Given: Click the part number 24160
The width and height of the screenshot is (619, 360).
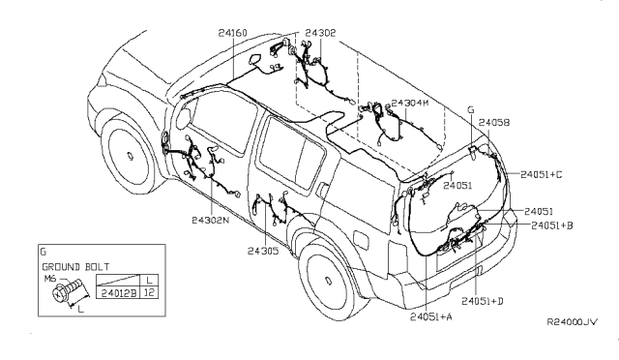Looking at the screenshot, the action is point(232,33).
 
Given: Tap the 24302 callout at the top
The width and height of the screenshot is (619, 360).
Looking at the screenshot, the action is point(320,33).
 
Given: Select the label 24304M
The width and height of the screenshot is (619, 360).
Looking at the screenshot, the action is point(409,104).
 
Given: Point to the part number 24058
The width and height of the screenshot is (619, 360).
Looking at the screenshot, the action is point(494,123).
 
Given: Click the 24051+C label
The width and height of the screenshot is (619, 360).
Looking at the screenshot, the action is point(542,174).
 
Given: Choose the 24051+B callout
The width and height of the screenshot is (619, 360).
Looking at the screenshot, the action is point(552,225).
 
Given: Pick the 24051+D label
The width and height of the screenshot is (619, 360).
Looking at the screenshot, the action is point(483,301).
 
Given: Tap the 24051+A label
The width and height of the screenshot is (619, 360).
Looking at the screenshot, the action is point(431,316).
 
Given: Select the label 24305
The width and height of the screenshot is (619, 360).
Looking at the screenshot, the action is point(263,251).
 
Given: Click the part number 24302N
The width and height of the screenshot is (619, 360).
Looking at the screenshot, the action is point(211,220).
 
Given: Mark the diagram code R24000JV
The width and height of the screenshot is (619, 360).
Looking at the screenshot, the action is point(572,322).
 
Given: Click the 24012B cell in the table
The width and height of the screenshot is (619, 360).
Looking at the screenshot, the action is point(118,293).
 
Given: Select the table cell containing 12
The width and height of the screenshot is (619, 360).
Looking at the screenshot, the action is point(150,293).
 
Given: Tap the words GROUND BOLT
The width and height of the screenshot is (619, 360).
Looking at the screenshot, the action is point(75,267).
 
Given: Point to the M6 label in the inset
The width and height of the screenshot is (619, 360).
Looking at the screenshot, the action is point(49,279).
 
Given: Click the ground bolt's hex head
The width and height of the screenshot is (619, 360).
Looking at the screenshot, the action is point(59,294).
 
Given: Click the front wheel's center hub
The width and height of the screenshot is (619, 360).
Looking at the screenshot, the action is point(130,155).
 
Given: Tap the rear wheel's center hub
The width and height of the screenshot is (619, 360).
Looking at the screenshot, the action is point(328,281).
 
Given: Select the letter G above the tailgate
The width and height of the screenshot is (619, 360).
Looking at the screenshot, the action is point(471,110).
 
